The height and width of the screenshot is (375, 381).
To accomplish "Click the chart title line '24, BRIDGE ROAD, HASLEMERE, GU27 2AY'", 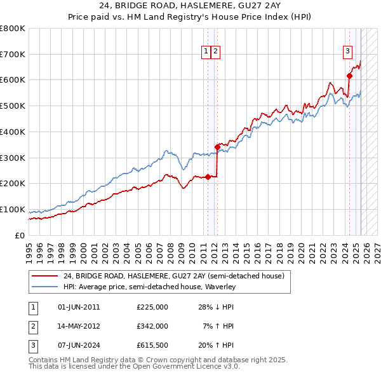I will tap(190, 8).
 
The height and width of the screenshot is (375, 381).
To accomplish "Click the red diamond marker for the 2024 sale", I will tap(349, 76).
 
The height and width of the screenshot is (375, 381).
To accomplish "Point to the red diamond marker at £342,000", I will tap(217, 147).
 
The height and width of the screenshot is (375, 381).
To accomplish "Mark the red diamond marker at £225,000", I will tap(208, 177).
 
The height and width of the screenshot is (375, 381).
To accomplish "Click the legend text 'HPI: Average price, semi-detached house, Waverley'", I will tap(149, 287).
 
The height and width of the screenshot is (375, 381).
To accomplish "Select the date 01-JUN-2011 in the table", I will tap(79, 307).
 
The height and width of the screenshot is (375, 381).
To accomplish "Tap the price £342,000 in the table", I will tap(152, 326).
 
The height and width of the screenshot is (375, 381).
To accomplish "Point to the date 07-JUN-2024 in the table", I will tap(79, 345).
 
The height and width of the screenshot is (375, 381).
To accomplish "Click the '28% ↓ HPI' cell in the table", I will tap(215, 307).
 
